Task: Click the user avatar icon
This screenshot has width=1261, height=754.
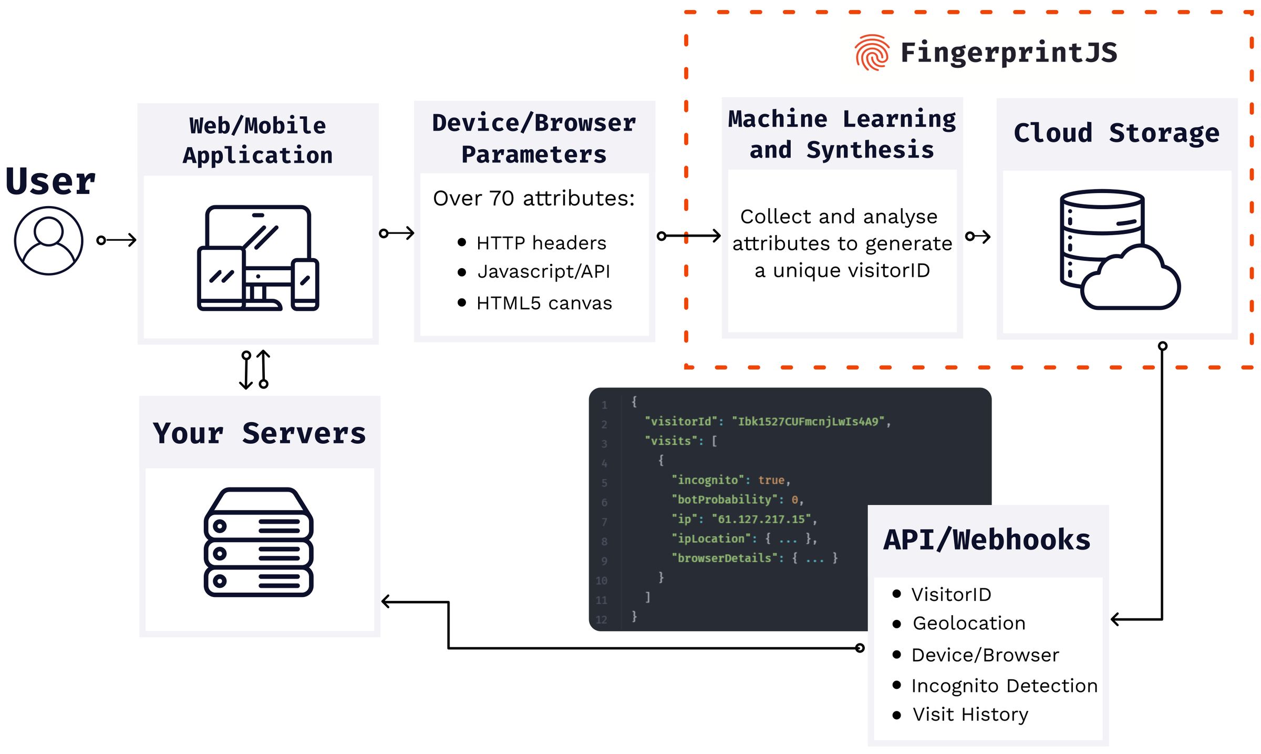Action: [48, 240]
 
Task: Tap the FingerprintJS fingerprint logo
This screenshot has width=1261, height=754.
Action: [871, 53]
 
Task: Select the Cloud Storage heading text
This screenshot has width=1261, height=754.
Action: [1116, 133]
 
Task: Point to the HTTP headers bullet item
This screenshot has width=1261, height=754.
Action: [541, 243]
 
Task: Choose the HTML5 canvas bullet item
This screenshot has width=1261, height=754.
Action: [544, 303]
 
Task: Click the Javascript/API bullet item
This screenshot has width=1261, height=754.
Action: [543, 272]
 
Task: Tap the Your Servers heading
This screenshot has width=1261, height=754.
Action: [259, 433]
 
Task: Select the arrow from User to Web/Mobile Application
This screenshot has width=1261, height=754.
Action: [117, 240]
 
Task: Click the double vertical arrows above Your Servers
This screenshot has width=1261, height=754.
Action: [255, 370]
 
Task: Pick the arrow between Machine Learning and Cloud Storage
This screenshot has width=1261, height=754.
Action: [978, 237]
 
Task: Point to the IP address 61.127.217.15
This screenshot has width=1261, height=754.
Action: [761, 519]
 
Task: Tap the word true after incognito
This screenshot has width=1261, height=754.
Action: [771, 480]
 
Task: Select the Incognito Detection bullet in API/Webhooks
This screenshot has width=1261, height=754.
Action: [1004, 686]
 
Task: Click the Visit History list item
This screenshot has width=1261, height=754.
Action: [970, 715]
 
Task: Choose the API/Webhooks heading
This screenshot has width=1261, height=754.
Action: [987, 540]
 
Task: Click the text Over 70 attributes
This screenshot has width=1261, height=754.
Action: [533, 199]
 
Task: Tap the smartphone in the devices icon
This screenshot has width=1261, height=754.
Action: [305, 284]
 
